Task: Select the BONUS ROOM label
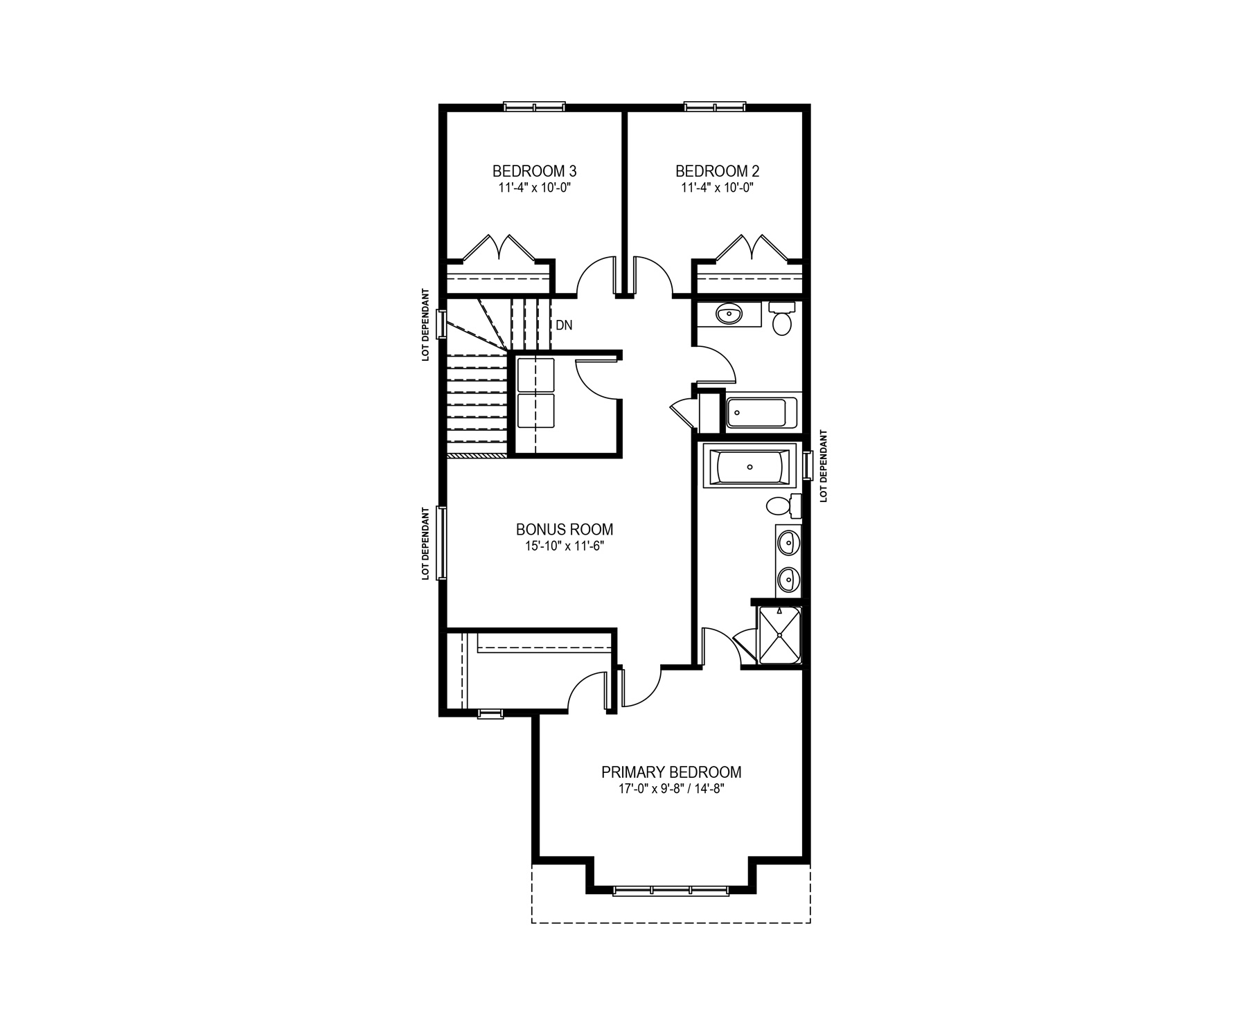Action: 565,530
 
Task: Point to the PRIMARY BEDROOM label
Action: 671,772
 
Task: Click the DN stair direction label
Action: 564,325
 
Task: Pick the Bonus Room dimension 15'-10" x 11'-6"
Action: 565,546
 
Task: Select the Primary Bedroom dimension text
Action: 671,789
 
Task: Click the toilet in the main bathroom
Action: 782,319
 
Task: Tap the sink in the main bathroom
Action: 728,315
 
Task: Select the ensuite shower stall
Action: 780,635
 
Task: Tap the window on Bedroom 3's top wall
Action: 534,107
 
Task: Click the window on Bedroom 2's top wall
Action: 716,107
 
